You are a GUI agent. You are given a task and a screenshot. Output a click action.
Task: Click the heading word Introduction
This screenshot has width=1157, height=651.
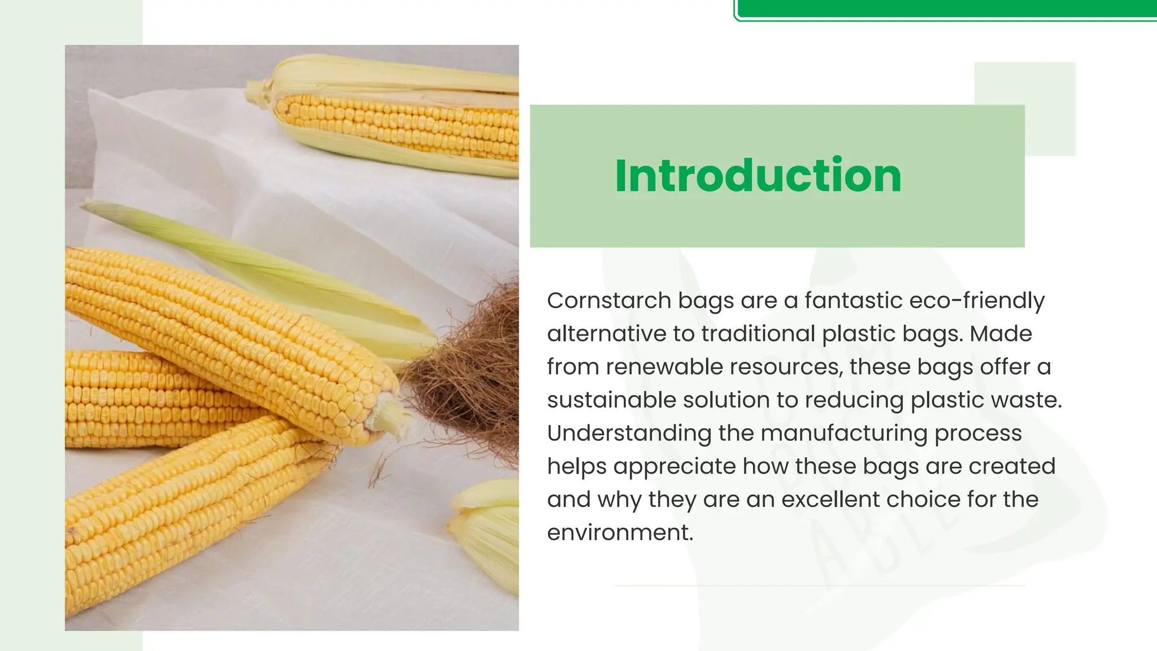click(758, 176)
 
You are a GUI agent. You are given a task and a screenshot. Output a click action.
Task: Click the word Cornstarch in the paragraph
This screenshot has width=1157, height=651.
click(608, 301)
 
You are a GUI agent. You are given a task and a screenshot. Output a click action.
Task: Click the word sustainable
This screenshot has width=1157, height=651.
click(611, 400)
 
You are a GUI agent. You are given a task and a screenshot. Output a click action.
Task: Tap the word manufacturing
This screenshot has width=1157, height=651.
click(843, 433)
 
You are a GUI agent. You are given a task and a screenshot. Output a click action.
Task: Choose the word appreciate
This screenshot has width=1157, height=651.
click(674, 467)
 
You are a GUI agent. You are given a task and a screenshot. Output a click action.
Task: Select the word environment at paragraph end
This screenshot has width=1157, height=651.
click(619, 533)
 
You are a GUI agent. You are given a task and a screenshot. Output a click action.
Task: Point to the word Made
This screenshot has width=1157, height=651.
click(1001, 334)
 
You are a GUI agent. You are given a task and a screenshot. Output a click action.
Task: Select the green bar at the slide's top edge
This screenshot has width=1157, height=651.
click(946, 8)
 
